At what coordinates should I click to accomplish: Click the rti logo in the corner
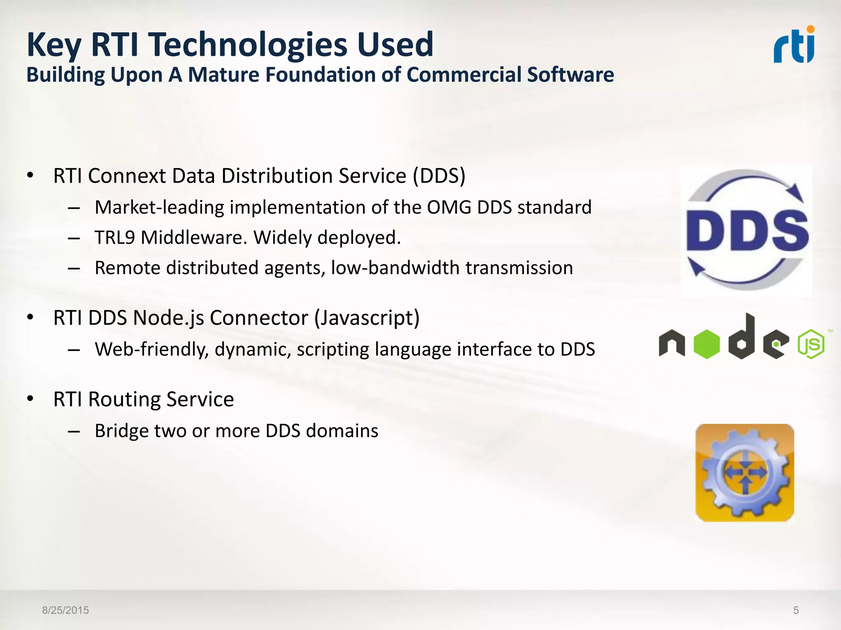[x=794, y=45]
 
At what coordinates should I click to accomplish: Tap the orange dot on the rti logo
[x=810, y=29]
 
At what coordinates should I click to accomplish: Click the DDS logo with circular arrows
[x=746, y=230]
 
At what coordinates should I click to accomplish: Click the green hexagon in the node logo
[x=707, y=344]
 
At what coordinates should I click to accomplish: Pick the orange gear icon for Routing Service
[x=744, y=472]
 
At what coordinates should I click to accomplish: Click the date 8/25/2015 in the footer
[x=65, y=610]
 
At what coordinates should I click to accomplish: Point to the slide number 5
[x=796, y=610]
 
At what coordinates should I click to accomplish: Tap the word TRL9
[x=115, y=237]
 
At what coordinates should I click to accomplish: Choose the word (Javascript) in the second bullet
[x=367, y=318]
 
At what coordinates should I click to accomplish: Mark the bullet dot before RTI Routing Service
[x=30, y=399]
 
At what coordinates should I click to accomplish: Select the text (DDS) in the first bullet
[x=439, y=176]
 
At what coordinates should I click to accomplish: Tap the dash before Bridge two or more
[x=74, y=431]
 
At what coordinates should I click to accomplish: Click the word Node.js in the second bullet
[x=169, y=318]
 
